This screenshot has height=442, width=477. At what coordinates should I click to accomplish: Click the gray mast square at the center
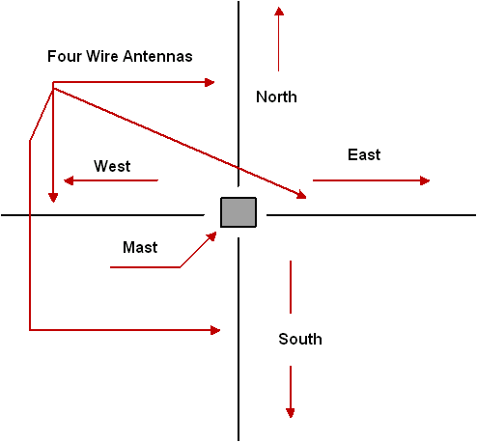coord(238,212)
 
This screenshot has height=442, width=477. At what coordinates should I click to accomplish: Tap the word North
coord(276,97)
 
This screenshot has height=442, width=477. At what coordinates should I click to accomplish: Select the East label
coord(364,154)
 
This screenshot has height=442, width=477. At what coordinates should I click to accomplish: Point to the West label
coord(112,166)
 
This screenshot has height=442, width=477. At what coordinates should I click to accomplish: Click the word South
coord(300,339)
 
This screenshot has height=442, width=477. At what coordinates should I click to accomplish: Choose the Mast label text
coord(140,248)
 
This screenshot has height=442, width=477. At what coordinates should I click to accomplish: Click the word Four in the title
coord(65,56)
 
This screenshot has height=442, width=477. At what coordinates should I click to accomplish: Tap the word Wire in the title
coord(102,56)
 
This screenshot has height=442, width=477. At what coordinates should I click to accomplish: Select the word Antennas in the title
coord(157,56)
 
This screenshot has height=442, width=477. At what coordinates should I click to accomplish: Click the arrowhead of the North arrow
coord(279,12)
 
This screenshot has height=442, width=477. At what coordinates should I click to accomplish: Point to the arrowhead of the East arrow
coord(425,180)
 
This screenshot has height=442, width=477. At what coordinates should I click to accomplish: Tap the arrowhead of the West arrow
coord(69,180)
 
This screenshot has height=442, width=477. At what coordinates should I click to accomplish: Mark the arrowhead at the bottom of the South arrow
coord(291,413)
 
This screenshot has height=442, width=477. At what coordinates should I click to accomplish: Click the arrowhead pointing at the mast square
coord(212,236)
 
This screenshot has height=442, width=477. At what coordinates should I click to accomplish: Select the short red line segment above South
coord(291,287)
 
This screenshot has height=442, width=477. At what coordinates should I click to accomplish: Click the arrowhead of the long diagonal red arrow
coord(302,195)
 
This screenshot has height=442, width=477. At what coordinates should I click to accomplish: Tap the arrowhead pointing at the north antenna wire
coord(210,82)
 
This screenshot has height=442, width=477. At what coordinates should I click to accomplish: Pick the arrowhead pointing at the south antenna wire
coord(215,330)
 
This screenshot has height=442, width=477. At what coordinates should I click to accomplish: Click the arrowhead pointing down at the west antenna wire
coord(53,198)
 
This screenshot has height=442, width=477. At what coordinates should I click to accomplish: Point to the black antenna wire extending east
coord(372,215)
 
